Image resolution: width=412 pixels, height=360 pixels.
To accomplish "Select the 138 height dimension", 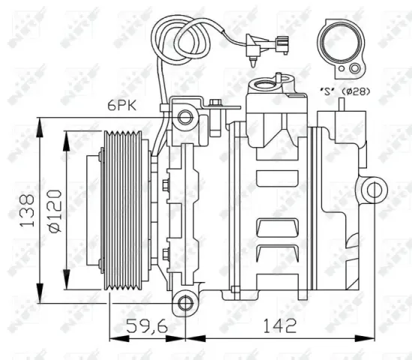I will pos(25,211).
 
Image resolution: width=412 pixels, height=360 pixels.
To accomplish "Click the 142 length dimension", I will pos(279,326).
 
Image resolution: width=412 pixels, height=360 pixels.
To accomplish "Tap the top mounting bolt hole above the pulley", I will pos(184,116).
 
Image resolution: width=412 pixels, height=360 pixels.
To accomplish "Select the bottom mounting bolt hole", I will pos(183,304).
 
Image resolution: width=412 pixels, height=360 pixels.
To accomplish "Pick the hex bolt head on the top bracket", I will pos(215,102).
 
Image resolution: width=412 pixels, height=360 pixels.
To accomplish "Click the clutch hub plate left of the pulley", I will pos(96,212).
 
